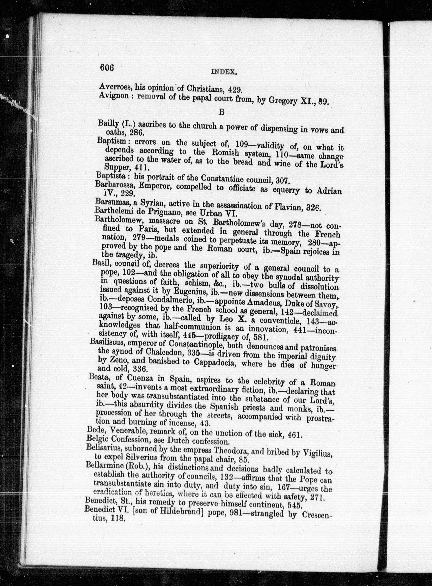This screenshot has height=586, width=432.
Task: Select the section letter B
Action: (x=221, y=112)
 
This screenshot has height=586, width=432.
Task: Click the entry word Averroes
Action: (x=114, y=87)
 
